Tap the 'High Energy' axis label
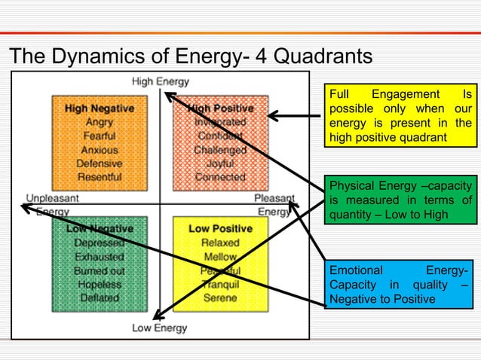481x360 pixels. pos(161,81)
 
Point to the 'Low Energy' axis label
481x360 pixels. pos(160,328)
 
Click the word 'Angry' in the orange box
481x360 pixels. pos(100,122)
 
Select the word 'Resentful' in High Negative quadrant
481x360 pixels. pos(100,177)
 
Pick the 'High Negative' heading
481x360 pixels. pos(100,108)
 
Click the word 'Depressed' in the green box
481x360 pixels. pos(100,243)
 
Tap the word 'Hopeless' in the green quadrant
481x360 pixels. pos(100,284)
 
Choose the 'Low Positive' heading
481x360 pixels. pos(220,228)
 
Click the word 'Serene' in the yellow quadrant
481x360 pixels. pos(220,297)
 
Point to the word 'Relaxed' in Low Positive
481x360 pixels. pos(220,243)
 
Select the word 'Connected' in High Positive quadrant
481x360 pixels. pos(220,177)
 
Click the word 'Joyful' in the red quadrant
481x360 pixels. pos(220,163)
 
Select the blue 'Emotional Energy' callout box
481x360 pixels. pos(400,285)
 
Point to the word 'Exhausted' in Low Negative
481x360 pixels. pos(100,257)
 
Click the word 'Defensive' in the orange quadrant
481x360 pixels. pos(100,163)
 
